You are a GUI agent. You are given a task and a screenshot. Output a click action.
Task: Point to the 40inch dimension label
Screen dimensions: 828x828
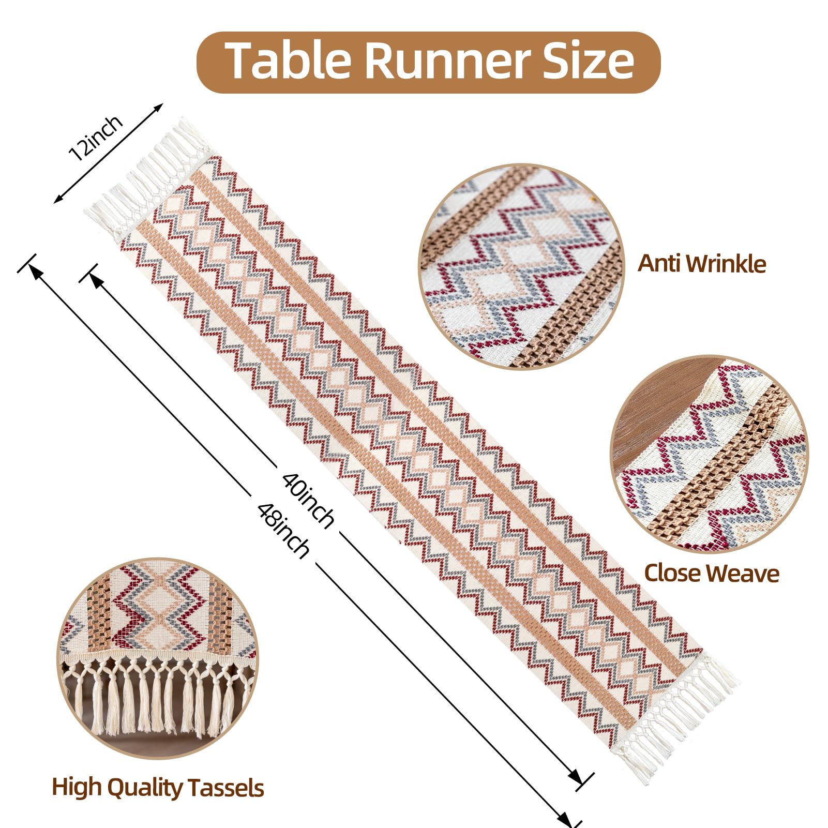[308, 499]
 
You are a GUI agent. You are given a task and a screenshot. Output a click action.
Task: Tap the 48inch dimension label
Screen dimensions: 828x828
[283, 530]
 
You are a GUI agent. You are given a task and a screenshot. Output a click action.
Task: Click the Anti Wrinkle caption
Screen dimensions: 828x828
[701, 264]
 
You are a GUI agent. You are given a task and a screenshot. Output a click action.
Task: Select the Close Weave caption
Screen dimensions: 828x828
[711, 573]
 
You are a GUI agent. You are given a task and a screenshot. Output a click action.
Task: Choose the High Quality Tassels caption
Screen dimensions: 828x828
[158, 788]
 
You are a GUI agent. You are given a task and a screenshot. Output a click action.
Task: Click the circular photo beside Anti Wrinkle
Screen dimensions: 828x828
[521, 266]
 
